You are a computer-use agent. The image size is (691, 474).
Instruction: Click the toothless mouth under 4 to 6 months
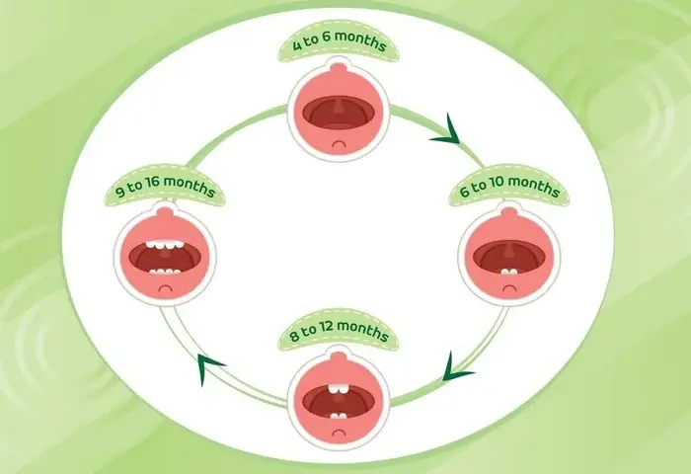pyautogui.click(x=339, y=113)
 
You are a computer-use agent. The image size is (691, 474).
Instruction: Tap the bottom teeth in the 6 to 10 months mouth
pyautogui.click(x=509, y=272)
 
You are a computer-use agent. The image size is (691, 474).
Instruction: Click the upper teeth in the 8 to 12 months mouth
pyautogui.click(x=339, y=388)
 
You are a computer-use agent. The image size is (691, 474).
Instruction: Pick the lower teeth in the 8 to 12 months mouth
pyautogui.click(x=339, y=416)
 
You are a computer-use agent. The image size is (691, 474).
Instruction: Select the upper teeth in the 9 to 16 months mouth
pyautogui.click(x=165, y=245)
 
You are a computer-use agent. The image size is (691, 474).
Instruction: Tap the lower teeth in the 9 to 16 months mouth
pyautogui.click(x=165, y=272)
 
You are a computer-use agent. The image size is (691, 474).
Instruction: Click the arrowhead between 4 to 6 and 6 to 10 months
pyautogui.click(x=446, y=131)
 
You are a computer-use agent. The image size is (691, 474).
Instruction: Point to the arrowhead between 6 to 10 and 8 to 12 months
pyautogui.click(x=456, y=368)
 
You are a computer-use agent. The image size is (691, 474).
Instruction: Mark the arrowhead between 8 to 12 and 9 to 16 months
pyautogui.click(x=208, y=366)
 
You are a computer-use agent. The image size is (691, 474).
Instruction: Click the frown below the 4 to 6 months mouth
pyautogui.click(x=339, y=144)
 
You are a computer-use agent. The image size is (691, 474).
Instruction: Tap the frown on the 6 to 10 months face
pyautogui.click(x=509, y=288)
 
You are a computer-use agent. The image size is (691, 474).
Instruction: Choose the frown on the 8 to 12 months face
pyautogui.click(x=339, y=433)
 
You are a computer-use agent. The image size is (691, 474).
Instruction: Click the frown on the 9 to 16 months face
pyautogui.click(x=165, y=288)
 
